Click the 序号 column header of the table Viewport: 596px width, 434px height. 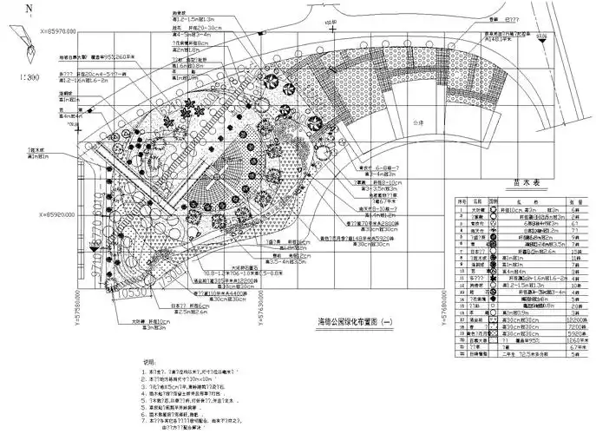(x=462, y=201)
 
